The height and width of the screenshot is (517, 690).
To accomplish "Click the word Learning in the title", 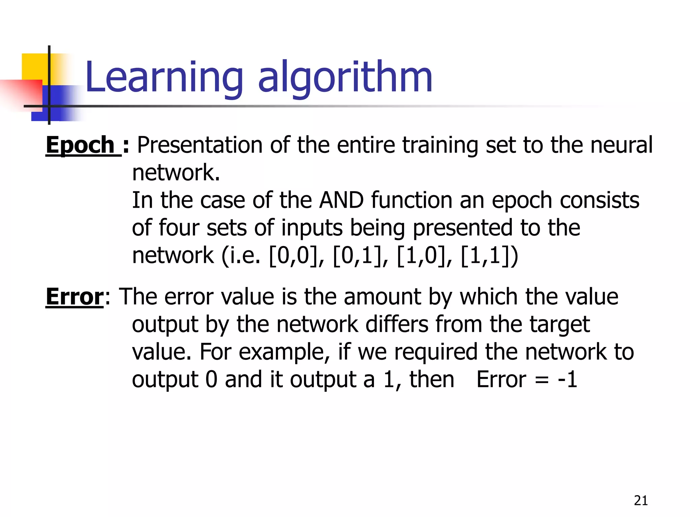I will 164,77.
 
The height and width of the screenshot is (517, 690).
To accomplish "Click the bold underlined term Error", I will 74,297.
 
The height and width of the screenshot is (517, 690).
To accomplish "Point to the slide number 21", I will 641,501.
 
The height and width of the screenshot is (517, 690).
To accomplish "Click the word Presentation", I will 199,145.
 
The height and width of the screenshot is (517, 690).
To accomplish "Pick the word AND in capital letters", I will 341,200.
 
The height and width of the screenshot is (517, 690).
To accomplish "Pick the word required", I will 436,352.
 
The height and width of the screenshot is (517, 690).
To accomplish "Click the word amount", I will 383,297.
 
